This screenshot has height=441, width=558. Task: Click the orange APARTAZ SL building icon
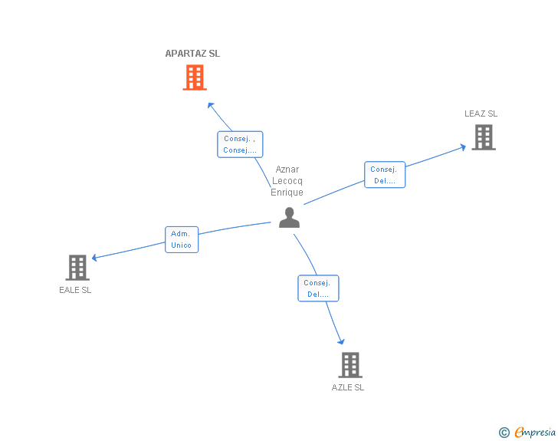pos(195,77)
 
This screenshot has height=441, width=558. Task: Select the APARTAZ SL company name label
pos(192,54)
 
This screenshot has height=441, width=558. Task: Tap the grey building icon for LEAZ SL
pos(484,137)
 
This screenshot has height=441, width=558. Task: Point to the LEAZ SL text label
pos(481,114)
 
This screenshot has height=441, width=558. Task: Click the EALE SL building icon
pos(77,268)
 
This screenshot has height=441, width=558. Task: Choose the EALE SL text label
pos(75,290)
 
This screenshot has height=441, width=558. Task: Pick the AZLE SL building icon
pos(350,365)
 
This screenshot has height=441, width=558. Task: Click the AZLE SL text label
pos(348,387)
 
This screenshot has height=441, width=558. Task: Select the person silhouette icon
pos(289,217)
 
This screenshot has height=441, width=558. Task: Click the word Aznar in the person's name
pos(287,169)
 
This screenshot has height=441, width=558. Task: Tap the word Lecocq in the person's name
pos(287,181)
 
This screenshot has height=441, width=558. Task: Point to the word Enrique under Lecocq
pos(287,193)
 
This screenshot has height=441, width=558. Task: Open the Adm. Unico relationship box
pos(182,239)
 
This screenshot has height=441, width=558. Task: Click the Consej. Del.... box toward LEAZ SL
pos(385,175)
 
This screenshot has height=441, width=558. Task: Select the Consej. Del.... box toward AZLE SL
pos(318,288)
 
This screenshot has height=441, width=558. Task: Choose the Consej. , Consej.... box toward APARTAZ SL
pos(240,144)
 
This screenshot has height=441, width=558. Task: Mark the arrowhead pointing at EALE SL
pos(94,258)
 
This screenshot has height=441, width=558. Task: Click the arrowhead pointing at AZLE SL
pos(341,342)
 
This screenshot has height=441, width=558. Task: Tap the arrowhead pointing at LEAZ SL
pos(463,147)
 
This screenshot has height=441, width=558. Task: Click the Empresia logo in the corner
pos(527,432)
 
